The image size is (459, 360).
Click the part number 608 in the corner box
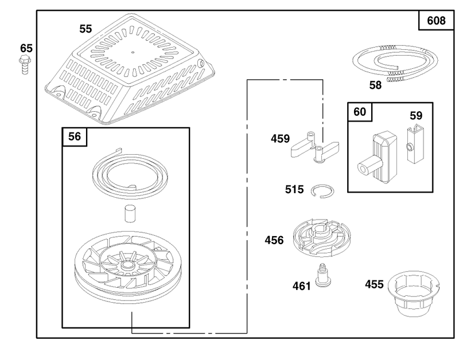coord(436,21)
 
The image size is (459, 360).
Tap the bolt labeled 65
coord(25,64)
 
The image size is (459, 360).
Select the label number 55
coord(85,29)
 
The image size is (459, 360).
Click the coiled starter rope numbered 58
coord(395,62)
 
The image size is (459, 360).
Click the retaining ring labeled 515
coord(323,191)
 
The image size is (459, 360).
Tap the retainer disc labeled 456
coord(322,237)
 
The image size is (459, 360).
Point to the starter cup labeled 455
coord(413,293)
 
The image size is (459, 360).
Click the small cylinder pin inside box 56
coord(130,214)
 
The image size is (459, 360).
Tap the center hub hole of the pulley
coord(127,265)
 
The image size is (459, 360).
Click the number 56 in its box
coord(75,136)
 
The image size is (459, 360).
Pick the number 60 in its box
coord(360,112)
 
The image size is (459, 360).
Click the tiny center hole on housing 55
coord(133,53)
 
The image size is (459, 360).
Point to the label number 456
coord(274,240)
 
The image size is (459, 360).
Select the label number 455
coord(375,284)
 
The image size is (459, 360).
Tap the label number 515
coord(294,190)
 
